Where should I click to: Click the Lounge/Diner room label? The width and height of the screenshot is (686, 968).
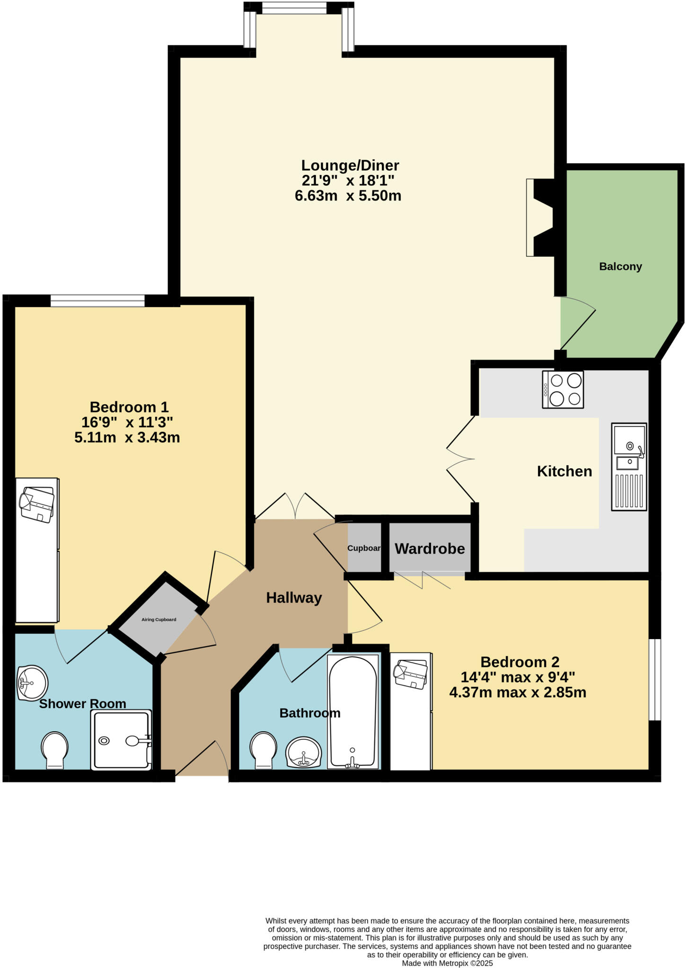(x=350, y=165)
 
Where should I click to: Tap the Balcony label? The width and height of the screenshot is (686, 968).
(x=620, y=267)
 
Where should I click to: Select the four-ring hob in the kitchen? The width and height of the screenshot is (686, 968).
(x=563, y=389)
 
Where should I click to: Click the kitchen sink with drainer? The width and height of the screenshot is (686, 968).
(x=629, y=467)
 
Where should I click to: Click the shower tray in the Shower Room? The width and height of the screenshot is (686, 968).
(x=121, y=740)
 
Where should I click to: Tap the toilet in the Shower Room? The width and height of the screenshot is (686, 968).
(x=55, y=749)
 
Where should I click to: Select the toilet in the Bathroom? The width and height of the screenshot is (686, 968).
(x=264, y=749)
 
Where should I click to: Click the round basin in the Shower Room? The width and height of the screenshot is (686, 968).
(x=32, y=683)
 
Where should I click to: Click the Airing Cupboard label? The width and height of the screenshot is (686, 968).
(x=159, y=620)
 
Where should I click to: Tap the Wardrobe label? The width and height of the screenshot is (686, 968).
(x=430, y=549)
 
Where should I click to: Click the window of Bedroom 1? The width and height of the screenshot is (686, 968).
(x=97, y=301)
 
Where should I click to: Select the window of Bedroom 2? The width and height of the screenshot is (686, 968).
(x=654, y=679)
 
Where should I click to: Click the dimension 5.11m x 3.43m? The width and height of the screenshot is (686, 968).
(x=127, y=438)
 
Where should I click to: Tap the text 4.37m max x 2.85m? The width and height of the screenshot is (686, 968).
(x=518, y=693)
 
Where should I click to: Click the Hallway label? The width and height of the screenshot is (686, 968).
(x=294, y=598)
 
